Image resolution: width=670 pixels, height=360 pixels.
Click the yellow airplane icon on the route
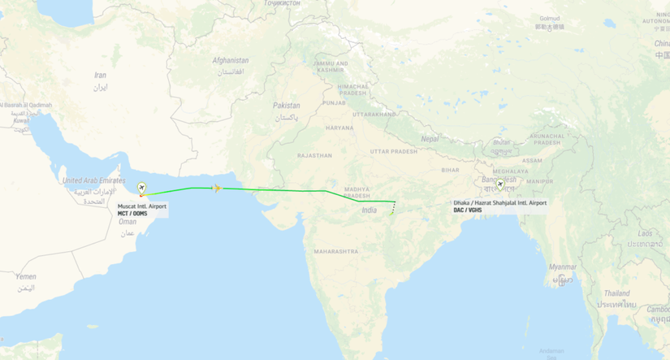[x=217, y=189]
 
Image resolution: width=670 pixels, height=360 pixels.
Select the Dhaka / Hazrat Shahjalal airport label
[x=499, y=206]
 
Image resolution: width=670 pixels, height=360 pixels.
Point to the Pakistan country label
[x=286, y=106]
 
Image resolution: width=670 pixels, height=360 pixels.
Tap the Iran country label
[x=100, y=75]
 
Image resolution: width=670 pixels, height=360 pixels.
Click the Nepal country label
[x=430, y=138]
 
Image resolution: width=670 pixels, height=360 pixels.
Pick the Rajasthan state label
[x=315, y=154]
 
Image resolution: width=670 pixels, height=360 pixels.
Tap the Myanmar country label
[x=562, y=267]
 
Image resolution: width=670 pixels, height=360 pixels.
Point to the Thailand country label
[x=616, y=293]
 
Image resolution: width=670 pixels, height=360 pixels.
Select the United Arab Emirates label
[x=93, y=180]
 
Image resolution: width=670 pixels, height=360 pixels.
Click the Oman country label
[x=128, y=221]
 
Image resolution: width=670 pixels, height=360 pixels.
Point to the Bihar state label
[x=450, y=170]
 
